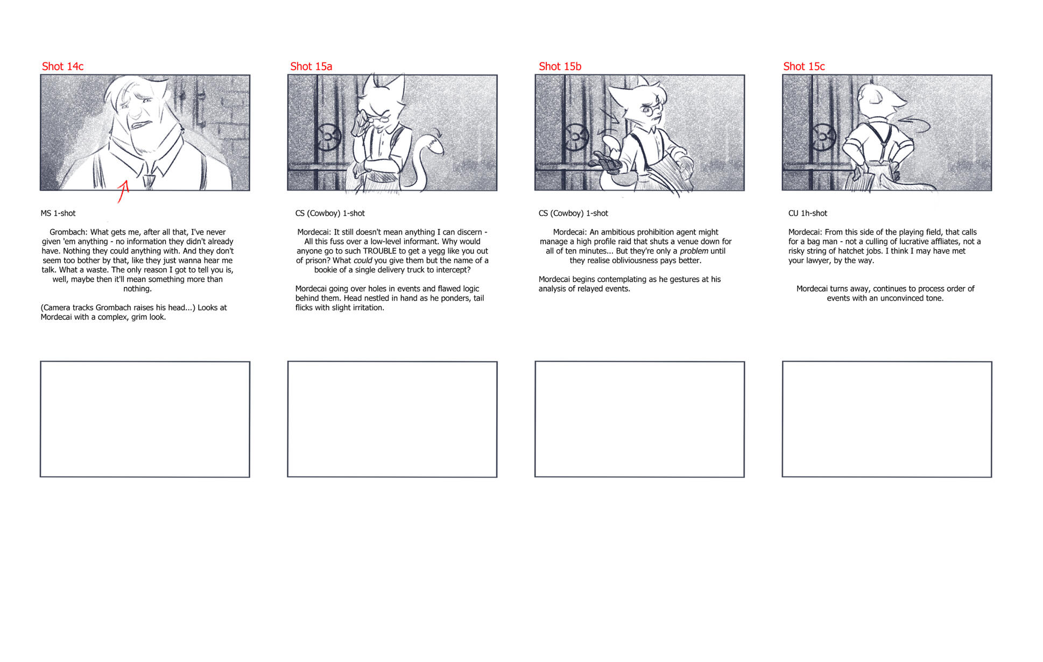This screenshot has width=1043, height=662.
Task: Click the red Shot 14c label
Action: [62, 66]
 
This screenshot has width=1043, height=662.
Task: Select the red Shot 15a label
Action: [311, 66]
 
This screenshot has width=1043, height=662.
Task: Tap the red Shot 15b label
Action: [560, 66]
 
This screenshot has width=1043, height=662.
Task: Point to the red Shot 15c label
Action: [804, 66]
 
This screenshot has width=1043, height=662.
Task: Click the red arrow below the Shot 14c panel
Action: [124, 192]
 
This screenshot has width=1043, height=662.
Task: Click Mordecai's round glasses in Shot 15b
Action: [651, 111]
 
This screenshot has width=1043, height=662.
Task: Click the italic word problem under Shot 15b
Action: [694, 251]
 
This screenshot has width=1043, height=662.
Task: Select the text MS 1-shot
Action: [58, 213]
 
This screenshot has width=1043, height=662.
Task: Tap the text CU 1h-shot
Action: [807, 213]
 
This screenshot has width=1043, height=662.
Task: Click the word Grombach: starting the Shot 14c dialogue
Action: [68, 232]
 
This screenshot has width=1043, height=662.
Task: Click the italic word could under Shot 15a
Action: [363, 260]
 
